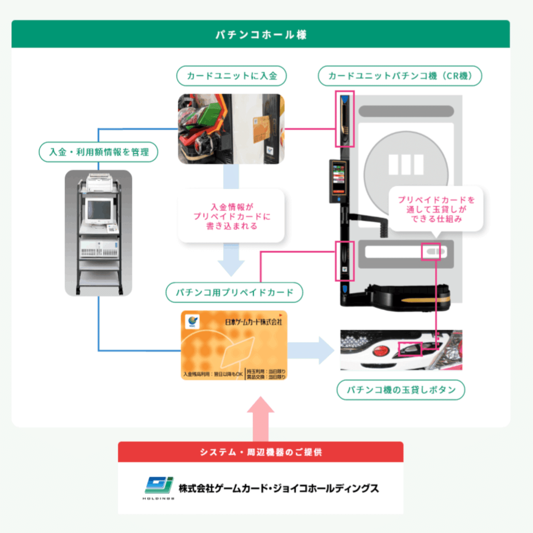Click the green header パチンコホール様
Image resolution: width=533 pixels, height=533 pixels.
click(261, 35)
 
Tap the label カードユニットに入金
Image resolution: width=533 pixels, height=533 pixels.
click(231, 76)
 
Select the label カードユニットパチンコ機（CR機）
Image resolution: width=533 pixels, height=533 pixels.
click(400, 76)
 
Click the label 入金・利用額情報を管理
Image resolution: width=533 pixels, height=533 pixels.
click(98, 152)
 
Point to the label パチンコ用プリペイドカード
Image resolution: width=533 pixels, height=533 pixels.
click(234, 292)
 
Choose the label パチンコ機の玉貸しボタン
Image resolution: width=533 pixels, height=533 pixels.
click(401, 390)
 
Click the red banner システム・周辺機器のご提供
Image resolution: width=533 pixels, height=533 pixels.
click(261, 452)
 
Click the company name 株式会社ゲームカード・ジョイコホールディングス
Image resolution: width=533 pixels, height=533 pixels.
click(278, 489)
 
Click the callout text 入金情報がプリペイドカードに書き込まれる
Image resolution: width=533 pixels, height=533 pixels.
click(231, 217)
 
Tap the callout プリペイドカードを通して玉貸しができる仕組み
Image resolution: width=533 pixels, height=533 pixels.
click(436, 209)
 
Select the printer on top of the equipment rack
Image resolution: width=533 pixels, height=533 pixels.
click(99, 183)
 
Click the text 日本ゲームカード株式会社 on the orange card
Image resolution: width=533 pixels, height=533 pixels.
click(253, 322)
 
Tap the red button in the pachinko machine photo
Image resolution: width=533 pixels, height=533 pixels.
click(380, 351)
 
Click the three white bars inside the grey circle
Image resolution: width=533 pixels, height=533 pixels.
click(406, 165)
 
